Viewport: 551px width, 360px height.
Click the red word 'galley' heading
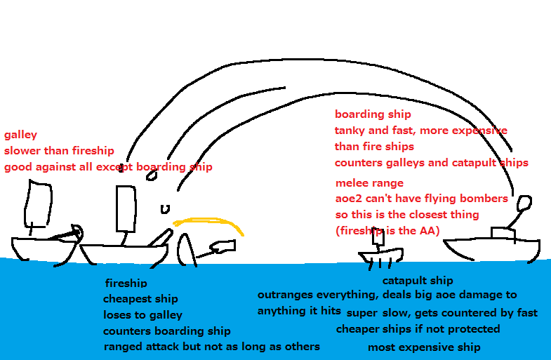coord(20,135)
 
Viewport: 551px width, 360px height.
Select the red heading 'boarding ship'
coord(373,114)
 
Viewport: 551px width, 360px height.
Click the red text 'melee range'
coord(369,183)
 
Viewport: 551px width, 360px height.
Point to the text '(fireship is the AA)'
coord(387,230)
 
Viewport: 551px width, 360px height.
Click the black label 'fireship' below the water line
coord(126,284)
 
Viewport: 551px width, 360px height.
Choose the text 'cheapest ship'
coord(140,300)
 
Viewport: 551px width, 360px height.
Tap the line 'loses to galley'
coord(142,315)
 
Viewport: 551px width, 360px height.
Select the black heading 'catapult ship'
coord(417,281)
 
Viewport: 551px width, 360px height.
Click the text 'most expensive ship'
coord(424,347)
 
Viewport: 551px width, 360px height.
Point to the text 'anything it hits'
coord(299,311)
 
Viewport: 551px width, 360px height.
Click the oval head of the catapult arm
coord(525,204)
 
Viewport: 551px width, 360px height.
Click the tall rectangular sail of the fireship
coord(125,209)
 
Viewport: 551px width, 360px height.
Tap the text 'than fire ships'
coord(374,147)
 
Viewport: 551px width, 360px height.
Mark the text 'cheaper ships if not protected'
coord(418,329)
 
